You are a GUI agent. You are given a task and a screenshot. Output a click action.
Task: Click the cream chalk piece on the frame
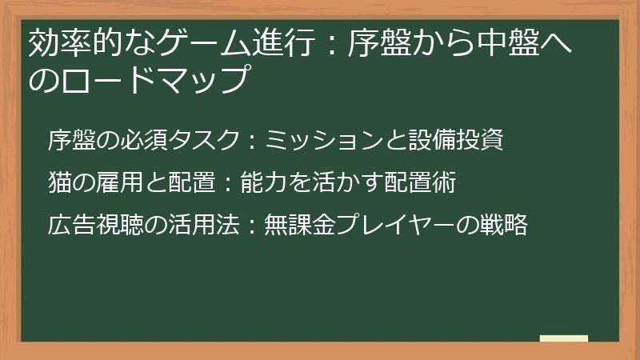(x=564, y=338)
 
